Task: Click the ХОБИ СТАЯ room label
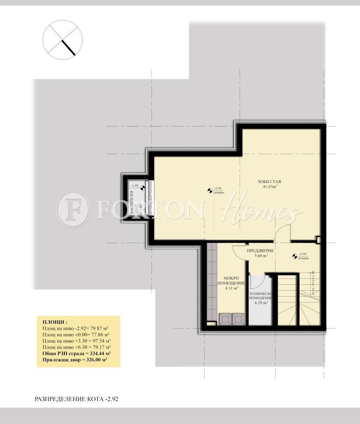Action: click(x=269, y=181)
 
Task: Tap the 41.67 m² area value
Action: click(x=270, y=187)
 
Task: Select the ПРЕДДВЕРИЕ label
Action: click(x=260, y=251)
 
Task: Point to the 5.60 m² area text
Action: click(x=261, y=256)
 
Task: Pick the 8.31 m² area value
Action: click(x=231, y=287)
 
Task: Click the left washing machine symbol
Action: click(x=225, y=319)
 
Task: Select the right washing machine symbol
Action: click(x=239, y=319)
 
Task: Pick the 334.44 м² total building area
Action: click(x=96, y=353)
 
